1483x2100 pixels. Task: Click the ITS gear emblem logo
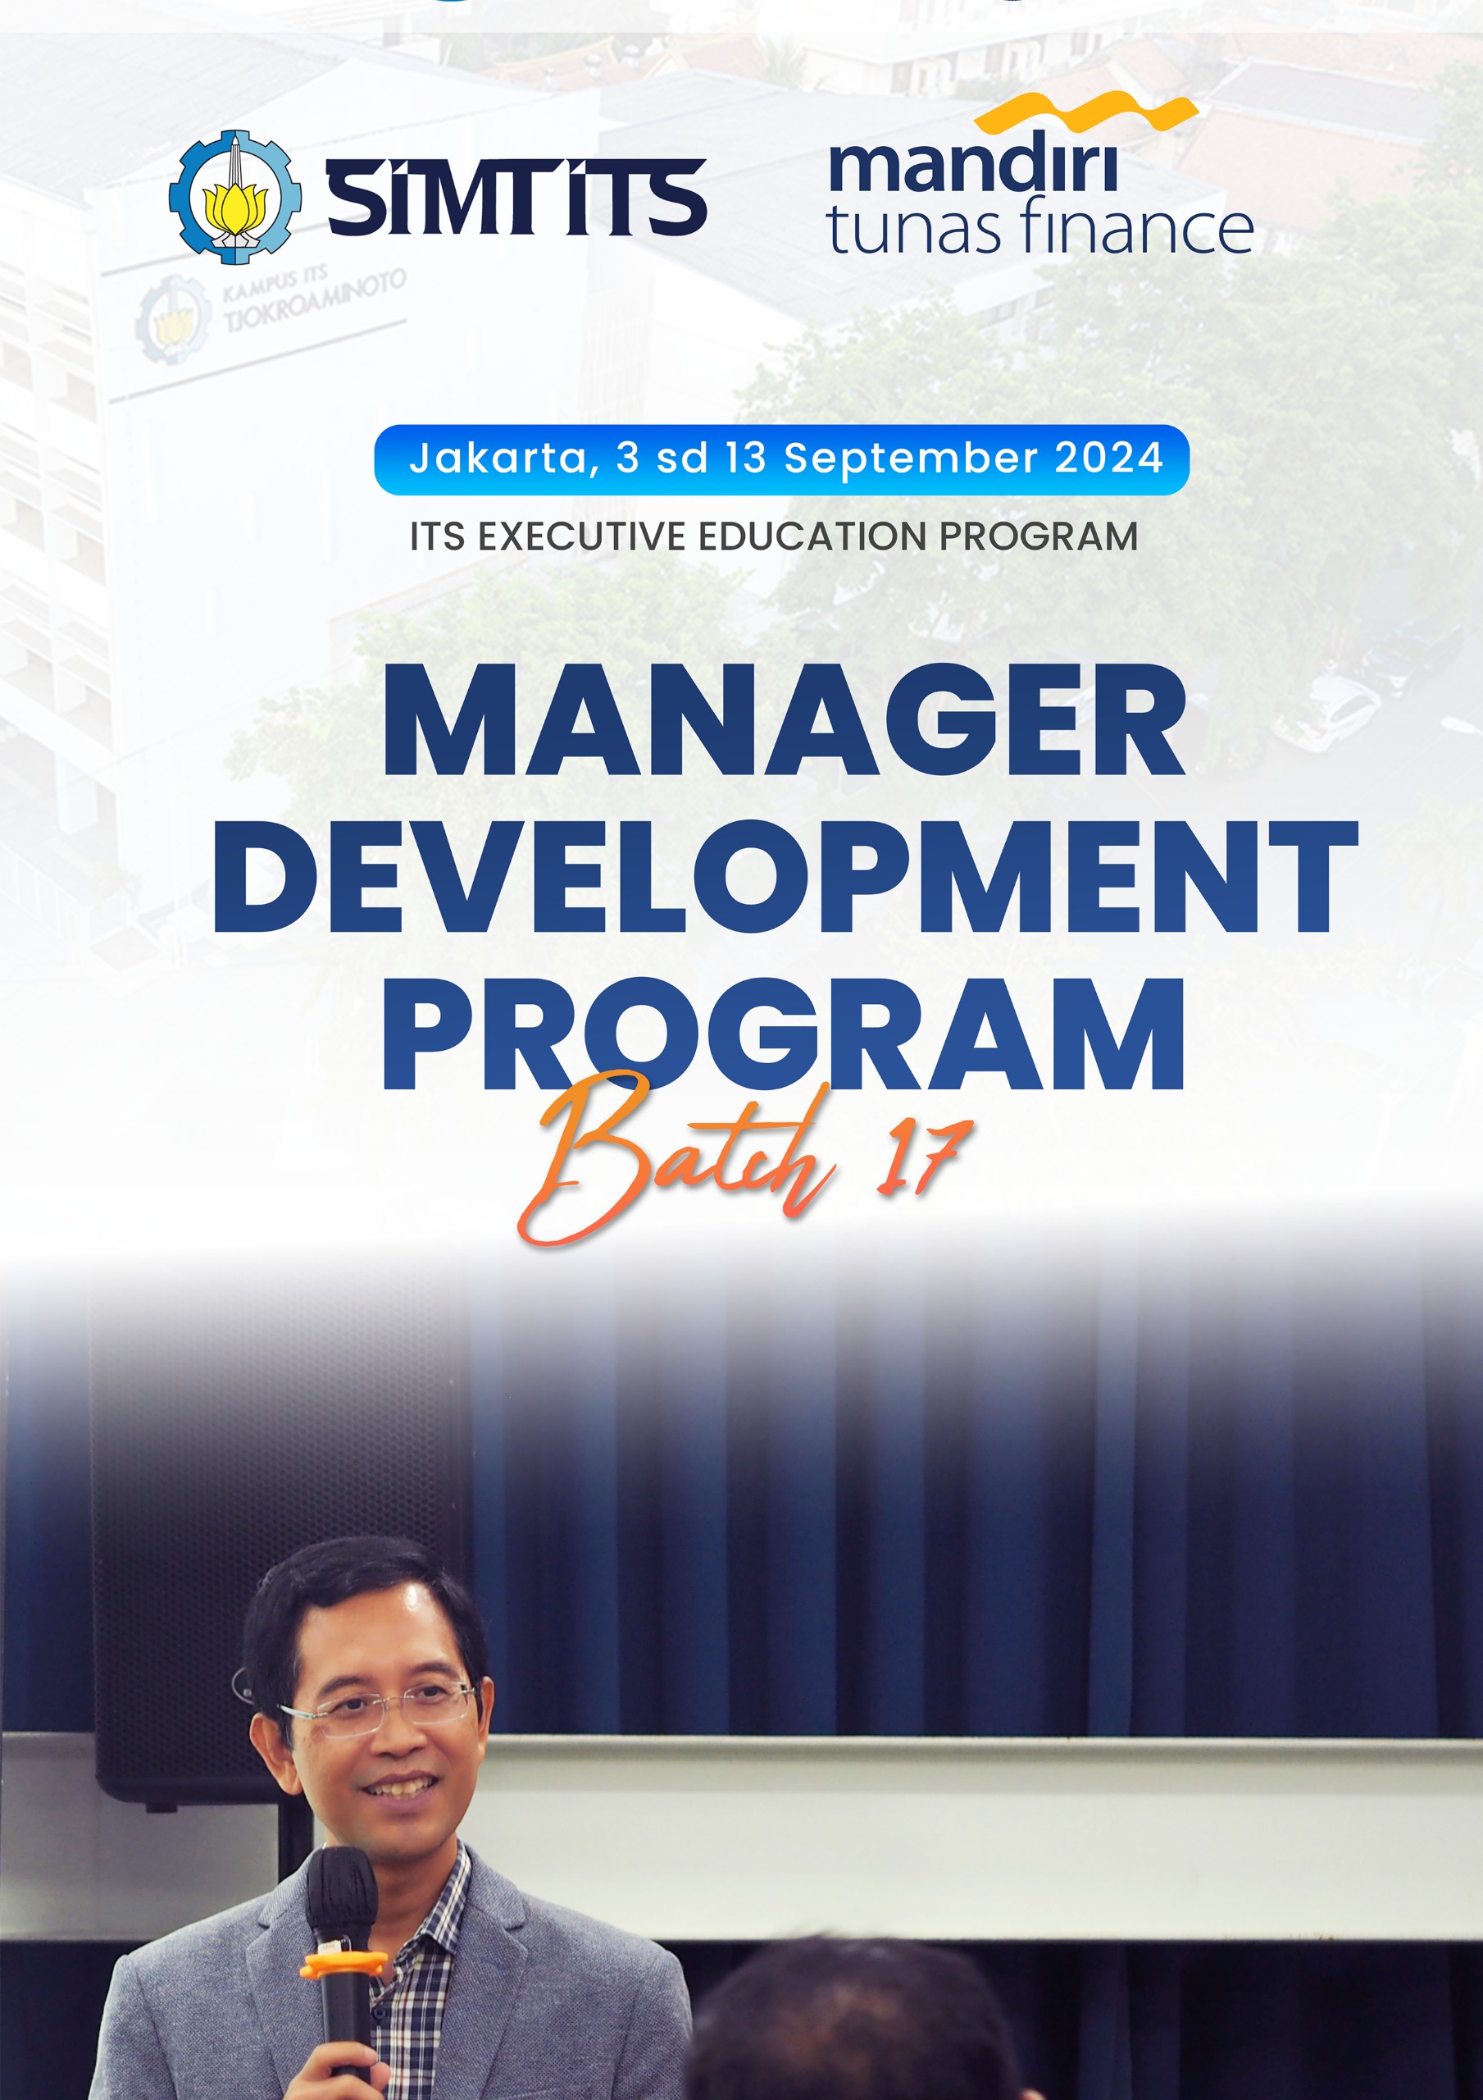coord(235,197)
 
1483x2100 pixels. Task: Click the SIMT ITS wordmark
coord(516,197)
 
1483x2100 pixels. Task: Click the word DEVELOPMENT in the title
coord(785,877)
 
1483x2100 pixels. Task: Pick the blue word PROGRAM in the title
coord(784,1034)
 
